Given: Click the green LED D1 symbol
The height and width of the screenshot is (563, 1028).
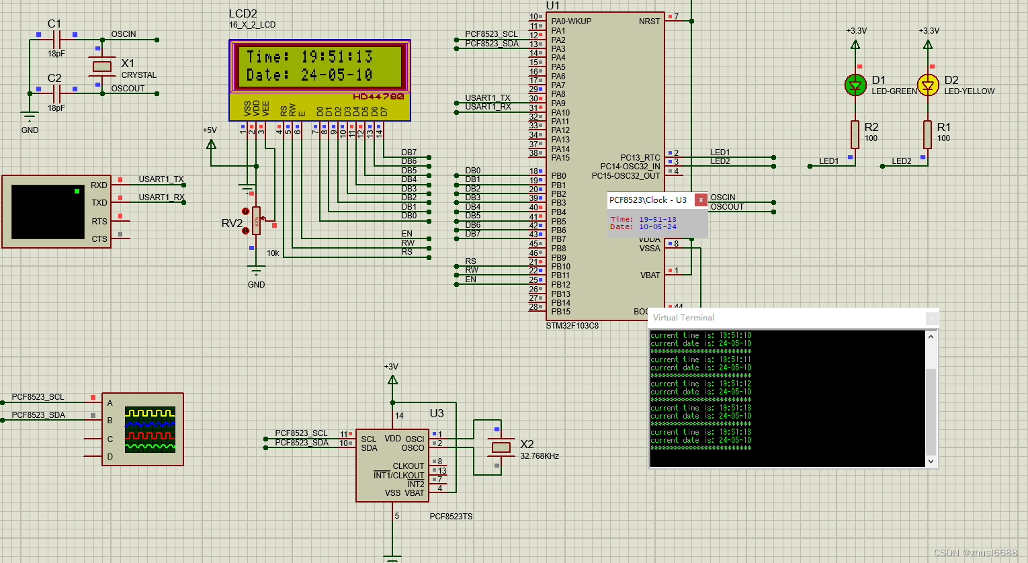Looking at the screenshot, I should tap(855, 85).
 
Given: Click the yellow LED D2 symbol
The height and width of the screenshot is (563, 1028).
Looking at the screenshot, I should tap(928, 85).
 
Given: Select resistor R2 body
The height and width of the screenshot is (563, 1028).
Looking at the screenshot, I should tap(855, 134).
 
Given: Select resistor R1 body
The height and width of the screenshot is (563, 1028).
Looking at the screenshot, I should tap(927, 134).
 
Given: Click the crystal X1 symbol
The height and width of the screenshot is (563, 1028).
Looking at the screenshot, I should tap(101, 66).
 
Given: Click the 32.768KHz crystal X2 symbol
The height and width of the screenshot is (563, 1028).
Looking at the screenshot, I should tap(501, 447).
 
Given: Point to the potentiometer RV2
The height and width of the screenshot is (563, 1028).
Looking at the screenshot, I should tap(256, 220).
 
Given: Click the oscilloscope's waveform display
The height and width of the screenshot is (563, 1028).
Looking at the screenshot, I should tap(150, 429).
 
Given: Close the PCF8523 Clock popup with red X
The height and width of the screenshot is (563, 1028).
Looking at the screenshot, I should tap(701, 200).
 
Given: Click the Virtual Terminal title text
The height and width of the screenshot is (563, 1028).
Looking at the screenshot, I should tap(683, 318).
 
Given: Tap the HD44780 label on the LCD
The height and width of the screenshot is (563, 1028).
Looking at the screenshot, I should tap(378, 97).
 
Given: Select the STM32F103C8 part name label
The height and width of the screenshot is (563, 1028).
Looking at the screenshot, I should tap(572, 326).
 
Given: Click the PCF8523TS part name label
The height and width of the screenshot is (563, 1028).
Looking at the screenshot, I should tap(451, 517).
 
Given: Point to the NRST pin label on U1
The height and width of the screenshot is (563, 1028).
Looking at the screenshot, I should tap(649, 21).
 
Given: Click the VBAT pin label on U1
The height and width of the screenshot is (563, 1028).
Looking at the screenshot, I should tap(650, 275).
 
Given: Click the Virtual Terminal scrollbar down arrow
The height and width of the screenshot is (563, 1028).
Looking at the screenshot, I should tap(931, 461).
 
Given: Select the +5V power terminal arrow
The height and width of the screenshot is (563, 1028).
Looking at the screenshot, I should tap(212, 144).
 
